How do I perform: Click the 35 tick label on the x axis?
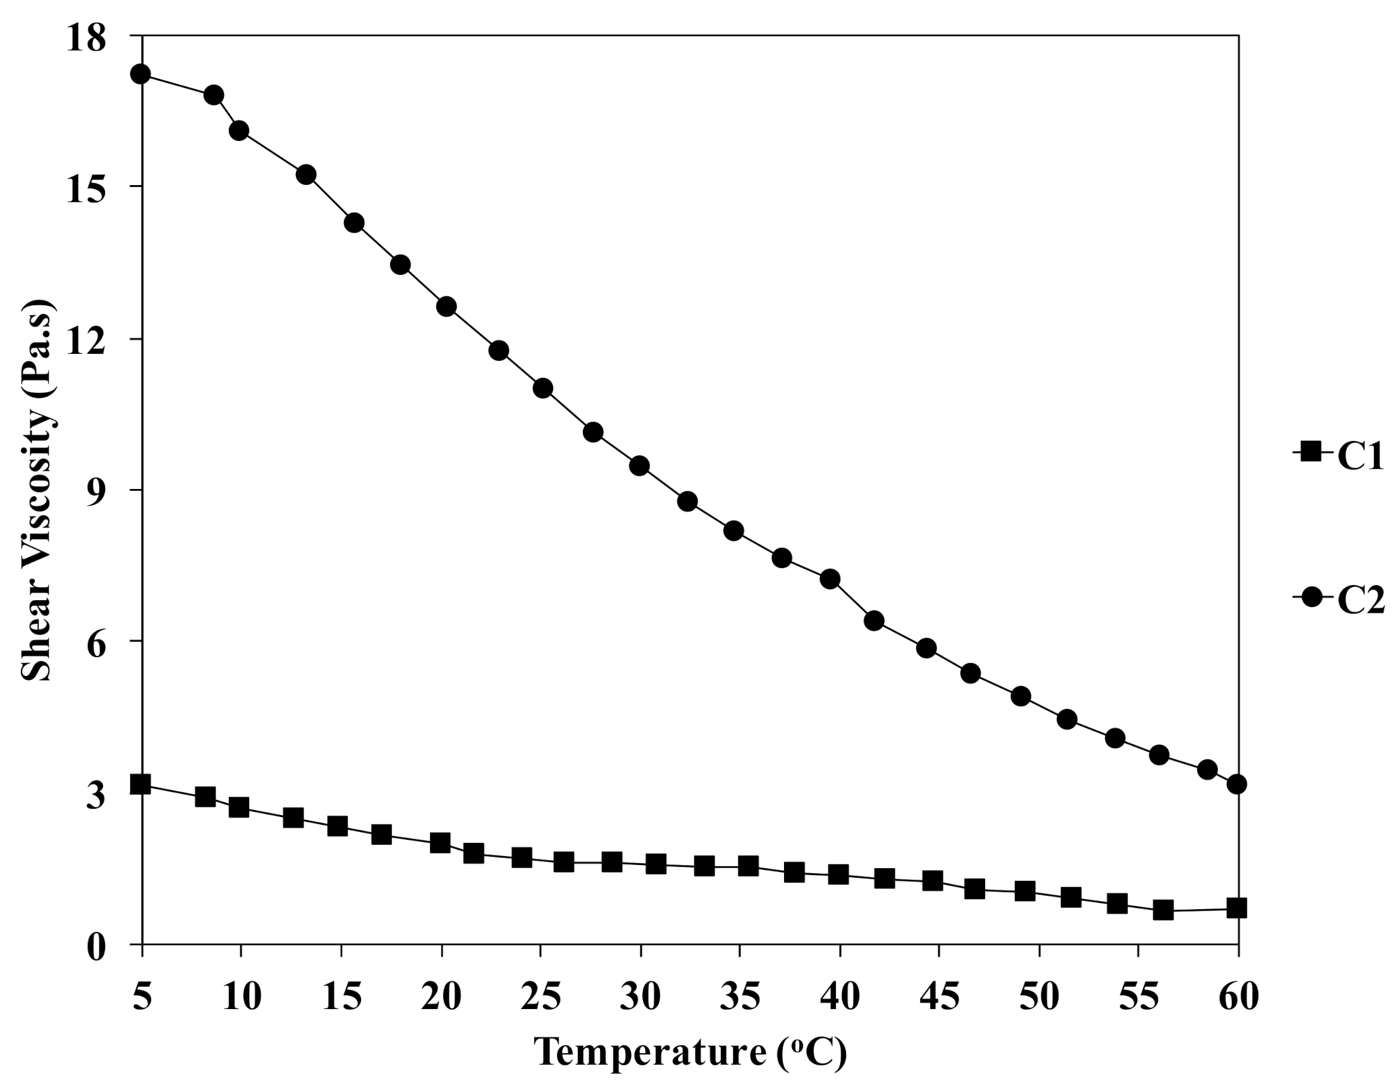point(740,996)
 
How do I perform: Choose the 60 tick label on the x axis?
point(1238,996)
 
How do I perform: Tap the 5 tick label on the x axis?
point(142,996)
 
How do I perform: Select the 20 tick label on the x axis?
point(441,996)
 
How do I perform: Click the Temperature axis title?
point(690,1051)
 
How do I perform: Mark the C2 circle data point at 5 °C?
point(140,74)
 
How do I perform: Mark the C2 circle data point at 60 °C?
point(1237,784)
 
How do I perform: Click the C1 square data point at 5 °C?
point(140,784)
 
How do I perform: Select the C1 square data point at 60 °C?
point(1237,909)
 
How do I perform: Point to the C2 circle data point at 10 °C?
point(239,131)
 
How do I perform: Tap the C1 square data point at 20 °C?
point(441,842)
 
